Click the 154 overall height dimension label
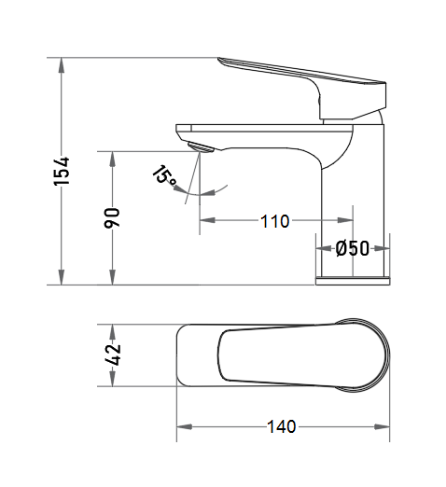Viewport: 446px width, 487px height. [x=62, y=172]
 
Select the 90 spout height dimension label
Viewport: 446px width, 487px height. [x=112, y=218]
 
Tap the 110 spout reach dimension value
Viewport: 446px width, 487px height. [x=275, y=221]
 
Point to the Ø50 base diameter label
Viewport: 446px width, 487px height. [x=353, y=248]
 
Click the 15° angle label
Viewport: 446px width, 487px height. [x=165, y=175]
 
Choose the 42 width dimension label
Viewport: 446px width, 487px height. [x=113, y=355]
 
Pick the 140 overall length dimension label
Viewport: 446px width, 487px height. [x=282, y=426]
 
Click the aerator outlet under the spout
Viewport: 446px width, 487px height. [x=201, y=147]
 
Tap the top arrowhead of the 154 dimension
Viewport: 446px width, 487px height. [x=62, y=65]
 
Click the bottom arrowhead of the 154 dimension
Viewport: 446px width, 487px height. [x=62, y=277]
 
